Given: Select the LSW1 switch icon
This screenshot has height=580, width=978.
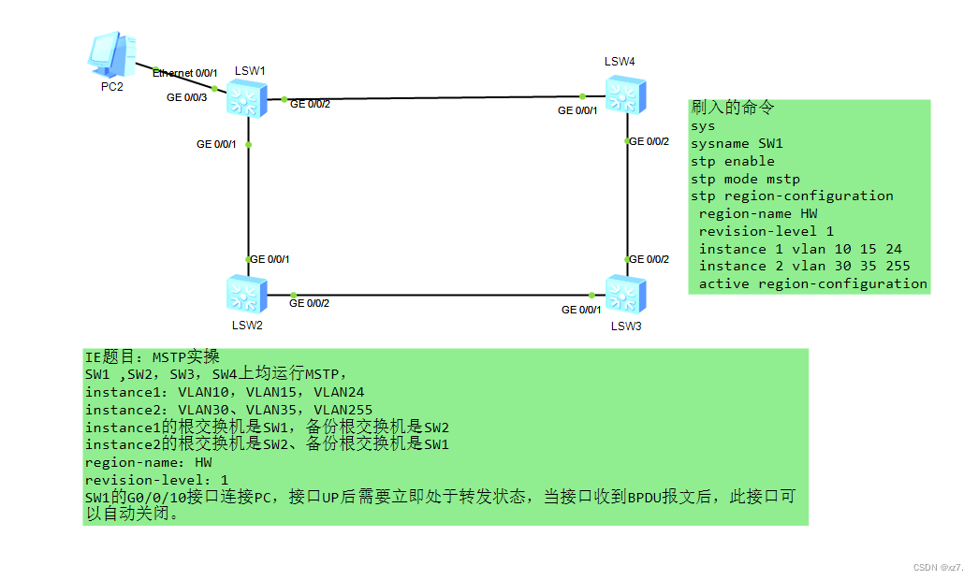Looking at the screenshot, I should pyautogui.click(x=247, y=97).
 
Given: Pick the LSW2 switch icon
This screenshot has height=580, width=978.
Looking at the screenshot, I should pyautogui.click(x=247, y=294).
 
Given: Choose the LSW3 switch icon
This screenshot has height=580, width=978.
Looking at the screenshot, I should pyautogui.click(x=623, y=294).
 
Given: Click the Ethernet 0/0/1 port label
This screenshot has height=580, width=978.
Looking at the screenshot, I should pyautogui.click(x=185, y=73).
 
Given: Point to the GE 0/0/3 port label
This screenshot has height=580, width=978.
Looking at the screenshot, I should pyautogui.click(x=186, y=96).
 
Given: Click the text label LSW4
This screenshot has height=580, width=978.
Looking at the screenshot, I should pyautogui.click(x=620, y=62).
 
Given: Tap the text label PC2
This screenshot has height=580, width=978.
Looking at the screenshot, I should pyautogui.click(x=112, y=87).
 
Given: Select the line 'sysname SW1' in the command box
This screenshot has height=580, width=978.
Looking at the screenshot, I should pyautogui.click(x=737, y=143).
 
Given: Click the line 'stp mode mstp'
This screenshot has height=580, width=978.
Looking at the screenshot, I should pyautogui.click(x=745, y=179).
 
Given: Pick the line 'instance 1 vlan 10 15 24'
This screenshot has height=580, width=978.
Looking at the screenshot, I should pyautogui.click(x=800, y=249).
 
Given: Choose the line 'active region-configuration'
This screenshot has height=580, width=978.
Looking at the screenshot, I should pyautogui.click(x=812, y=283).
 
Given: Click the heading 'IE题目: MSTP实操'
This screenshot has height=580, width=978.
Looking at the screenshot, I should pyautogui.click(x=152, y=356).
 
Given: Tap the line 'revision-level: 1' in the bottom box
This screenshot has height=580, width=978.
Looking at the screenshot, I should pyautogui.click(x=156, y=479).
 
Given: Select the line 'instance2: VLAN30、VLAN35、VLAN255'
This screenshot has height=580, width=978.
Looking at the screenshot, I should pyautogui.click(x=228, y=410).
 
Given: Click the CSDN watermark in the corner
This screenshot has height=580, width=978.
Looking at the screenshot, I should pyautogui.click(x=938, y=567).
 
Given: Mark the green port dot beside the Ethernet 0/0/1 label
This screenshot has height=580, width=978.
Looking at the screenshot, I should pyautogui.click(x=214, y=88).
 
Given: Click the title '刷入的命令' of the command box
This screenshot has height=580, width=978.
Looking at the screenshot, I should pyautogui.click(x=733, y=109).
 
